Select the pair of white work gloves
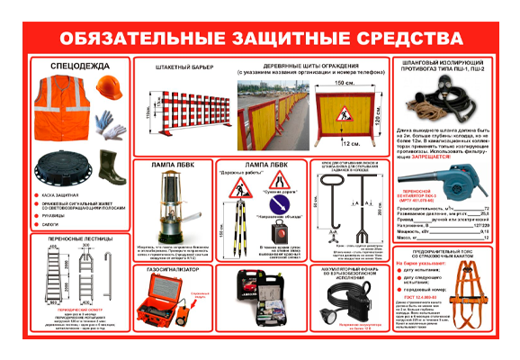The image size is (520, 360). pos(110,124)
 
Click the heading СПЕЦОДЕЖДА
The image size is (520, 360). pos(68,66)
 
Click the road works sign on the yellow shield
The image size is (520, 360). pos(344,114)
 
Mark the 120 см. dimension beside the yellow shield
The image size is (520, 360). pos(378,119)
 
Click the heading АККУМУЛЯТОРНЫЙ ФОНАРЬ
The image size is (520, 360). pos(353,269)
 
